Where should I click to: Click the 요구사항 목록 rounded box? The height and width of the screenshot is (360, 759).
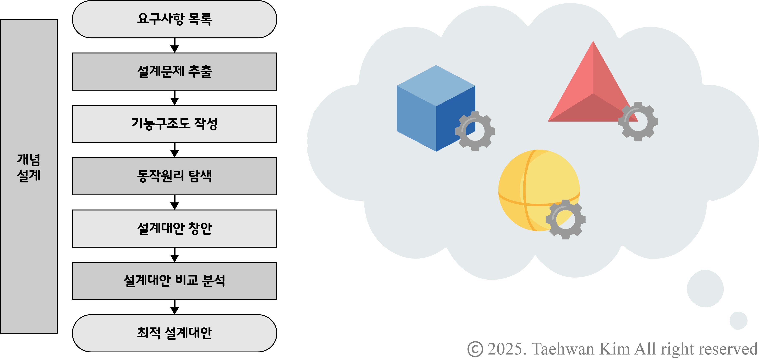[x=174, y=19]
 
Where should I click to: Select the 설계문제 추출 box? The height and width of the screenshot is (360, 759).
[x=174, y=72]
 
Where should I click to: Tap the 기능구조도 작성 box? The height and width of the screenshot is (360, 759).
[x=174, y=124]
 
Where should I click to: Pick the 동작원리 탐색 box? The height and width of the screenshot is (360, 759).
[x=174, y=176]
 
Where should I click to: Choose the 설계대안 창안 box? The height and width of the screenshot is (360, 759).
[x=174, y=229]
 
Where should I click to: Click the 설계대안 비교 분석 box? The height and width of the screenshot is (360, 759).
[x=174, y=281]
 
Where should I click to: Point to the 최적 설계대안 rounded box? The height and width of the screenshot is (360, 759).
[x=174, y=333]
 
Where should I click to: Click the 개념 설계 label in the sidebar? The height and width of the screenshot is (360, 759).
[x=29, y=168]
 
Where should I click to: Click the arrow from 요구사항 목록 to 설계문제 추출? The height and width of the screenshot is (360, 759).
[x=175, y=46]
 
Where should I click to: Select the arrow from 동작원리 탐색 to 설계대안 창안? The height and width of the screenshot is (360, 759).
[x=175, y=203]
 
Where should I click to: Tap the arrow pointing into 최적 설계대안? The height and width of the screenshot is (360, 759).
[x=175, y=307]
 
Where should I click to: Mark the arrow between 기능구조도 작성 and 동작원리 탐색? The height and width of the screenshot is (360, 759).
[x=175, y=150]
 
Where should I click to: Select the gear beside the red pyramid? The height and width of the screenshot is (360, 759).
[x=638, y=121]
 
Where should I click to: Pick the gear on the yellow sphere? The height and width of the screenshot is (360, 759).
[x=565, y=219]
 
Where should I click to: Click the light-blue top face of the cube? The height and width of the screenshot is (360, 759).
[x=436, y=85]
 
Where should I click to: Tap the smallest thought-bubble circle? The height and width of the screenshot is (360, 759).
[x=738, y=321]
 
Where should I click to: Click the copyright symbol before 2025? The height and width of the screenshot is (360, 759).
[x=475, y=349]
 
